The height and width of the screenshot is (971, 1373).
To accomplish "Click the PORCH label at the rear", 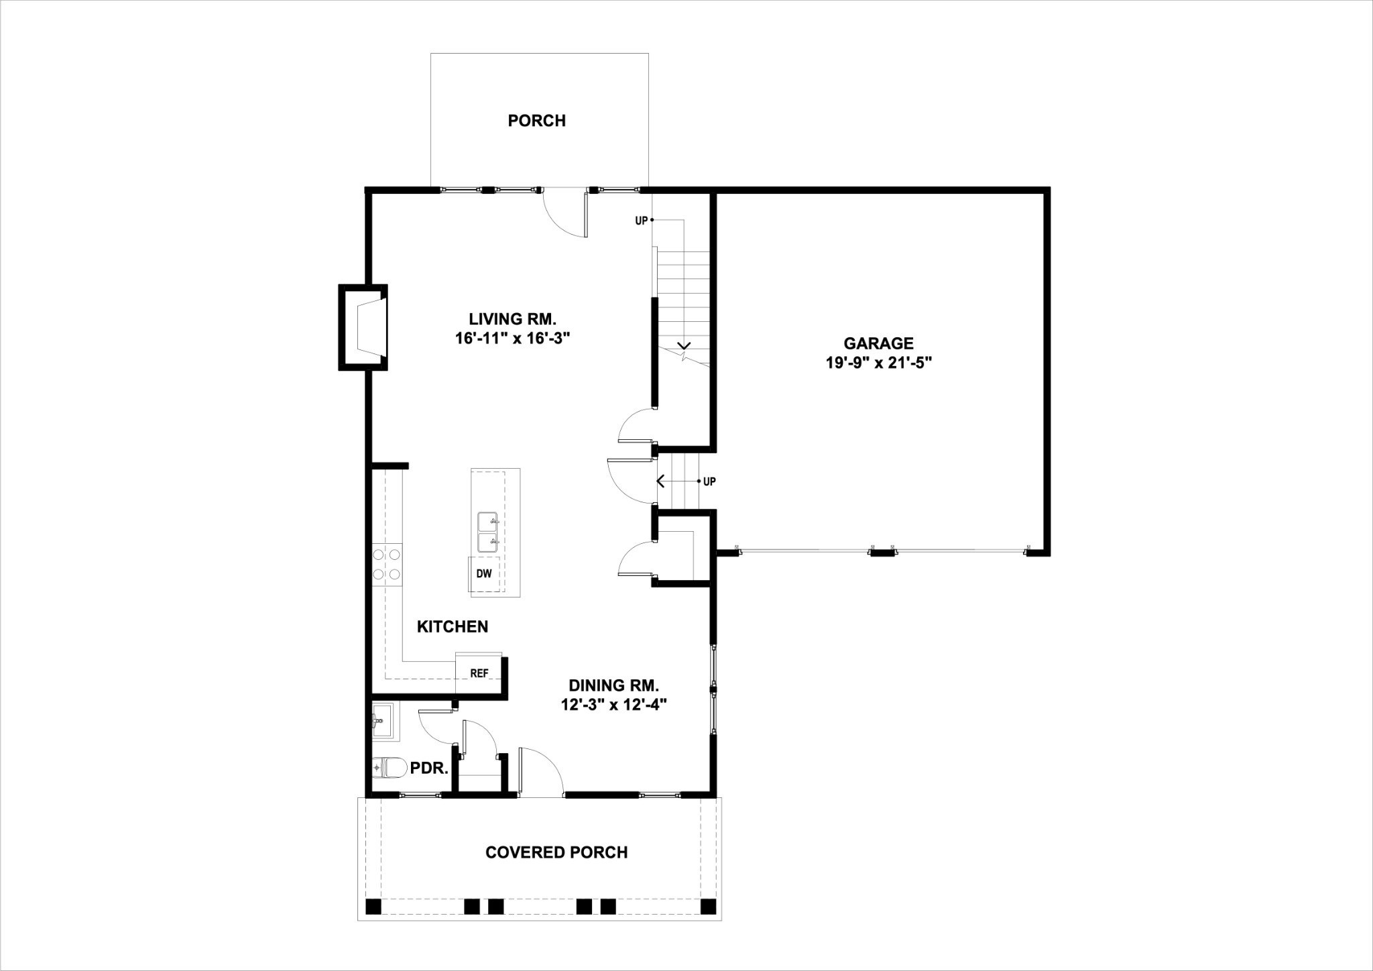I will click(536, 121).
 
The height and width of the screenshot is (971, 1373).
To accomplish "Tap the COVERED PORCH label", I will click(556, 852).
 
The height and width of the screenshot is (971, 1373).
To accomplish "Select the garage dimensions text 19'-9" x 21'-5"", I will click(879, 363).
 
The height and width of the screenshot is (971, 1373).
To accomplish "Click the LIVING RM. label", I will click(513, 319).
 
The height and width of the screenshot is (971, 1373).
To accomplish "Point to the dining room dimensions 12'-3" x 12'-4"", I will click(614, 705).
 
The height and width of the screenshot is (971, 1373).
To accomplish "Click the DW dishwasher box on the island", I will click(483, 573).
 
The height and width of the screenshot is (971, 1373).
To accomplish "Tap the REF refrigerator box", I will click(479, 673).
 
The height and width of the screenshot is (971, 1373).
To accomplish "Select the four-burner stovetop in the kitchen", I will click(387, 564).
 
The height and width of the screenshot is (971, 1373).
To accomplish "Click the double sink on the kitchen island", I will click(488, 532).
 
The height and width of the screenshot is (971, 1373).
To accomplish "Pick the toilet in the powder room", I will click(389, 767).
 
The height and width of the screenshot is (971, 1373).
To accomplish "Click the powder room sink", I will click(383, 722).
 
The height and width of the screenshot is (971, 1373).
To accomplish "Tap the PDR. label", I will click(429, 768).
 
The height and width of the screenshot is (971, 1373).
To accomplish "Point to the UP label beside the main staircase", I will click(641, 221).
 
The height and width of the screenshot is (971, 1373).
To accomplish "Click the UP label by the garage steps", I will click(709, 481).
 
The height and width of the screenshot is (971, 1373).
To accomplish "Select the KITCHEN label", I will click(453, 627).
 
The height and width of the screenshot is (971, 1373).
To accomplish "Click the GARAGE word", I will click(878, 343).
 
